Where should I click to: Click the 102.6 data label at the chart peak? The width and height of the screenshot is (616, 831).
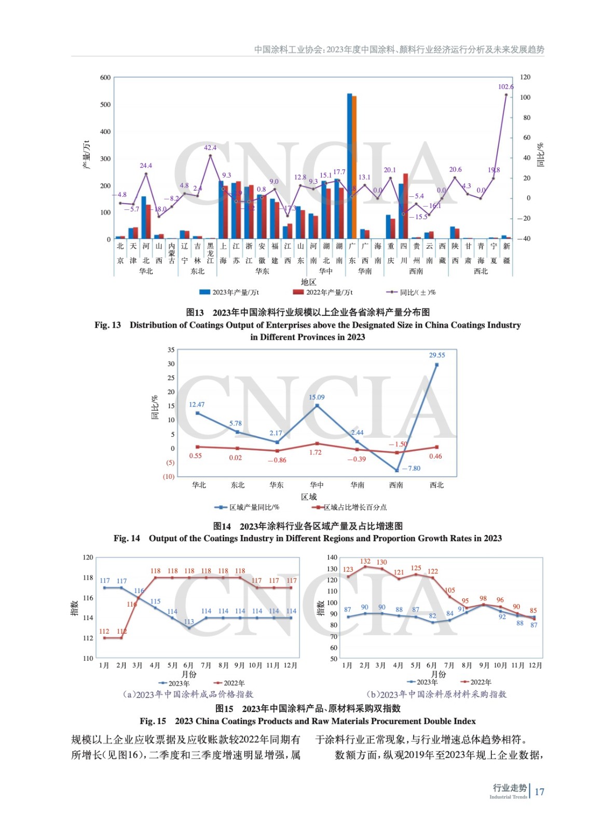(x=505, y=87)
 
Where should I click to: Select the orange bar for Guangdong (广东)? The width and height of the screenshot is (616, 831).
(x=354, y=166)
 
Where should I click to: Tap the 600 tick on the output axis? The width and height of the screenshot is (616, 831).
(x=105, y=78)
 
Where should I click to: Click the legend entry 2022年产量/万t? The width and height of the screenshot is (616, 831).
(x=323, y=292)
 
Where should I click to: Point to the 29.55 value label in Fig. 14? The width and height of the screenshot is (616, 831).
(x=436, y=355)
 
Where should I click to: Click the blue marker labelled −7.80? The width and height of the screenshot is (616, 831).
(x=397, y=470)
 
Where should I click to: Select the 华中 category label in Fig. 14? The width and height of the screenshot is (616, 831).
(x=317, y=485)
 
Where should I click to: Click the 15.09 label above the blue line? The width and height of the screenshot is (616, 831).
(x=317, y=397)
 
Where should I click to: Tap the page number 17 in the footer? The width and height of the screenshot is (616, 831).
(x=539, y=792)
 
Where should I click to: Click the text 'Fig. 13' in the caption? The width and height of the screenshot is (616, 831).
(x=107, y=325)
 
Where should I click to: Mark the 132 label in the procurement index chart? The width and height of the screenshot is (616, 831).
(x=365, y=561)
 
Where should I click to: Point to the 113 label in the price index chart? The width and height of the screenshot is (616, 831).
(x=189, y=622)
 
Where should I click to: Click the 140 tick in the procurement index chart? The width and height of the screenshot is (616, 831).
(x=332, y=557)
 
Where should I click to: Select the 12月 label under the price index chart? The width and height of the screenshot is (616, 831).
(x=291, y=665)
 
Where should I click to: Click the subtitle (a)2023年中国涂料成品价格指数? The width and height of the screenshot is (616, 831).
(x=188, y=694)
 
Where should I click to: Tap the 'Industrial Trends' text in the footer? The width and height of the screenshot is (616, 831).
(x=508, y=797)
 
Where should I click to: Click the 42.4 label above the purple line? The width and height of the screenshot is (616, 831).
(x=210, y=148)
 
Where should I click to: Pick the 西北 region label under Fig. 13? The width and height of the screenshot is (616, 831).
(x=481, y=271)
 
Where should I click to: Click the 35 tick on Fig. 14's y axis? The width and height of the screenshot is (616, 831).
(x=171, y=350)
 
